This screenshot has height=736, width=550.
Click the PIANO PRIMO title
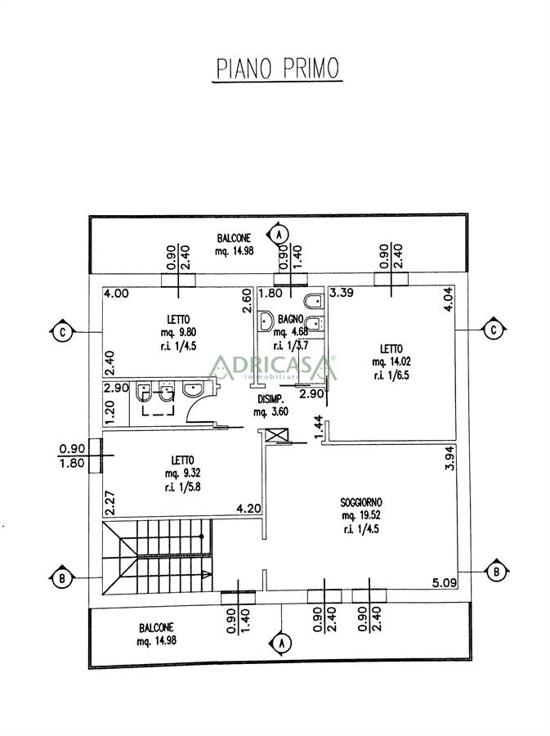coord(278,69)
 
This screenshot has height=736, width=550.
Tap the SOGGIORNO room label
coord(361,502)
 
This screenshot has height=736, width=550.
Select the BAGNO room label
coord(290,319)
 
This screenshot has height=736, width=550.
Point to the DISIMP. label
coord(271,399)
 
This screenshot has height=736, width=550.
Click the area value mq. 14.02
coord(391,362)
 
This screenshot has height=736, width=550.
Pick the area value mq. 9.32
coord(182,473)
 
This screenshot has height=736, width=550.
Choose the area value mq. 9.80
coord(177,332)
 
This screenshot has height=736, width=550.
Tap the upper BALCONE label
coord(234,239)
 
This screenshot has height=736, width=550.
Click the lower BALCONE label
coord(156,627)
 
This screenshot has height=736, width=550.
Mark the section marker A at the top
coord(279,233)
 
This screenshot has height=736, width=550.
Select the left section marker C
coord(61,332)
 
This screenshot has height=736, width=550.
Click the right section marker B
coord(495,572)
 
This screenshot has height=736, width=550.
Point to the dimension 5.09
coord(444,583)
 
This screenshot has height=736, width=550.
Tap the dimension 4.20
coord(248,509)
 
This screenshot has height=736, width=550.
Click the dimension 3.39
coord(342,293)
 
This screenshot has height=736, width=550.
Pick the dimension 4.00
coord(116,294)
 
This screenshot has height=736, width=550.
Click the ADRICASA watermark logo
coord(272,367)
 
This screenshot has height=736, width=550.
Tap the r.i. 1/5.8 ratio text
coord(182,487)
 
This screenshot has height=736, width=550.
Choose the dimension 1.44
coord(319,428)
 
